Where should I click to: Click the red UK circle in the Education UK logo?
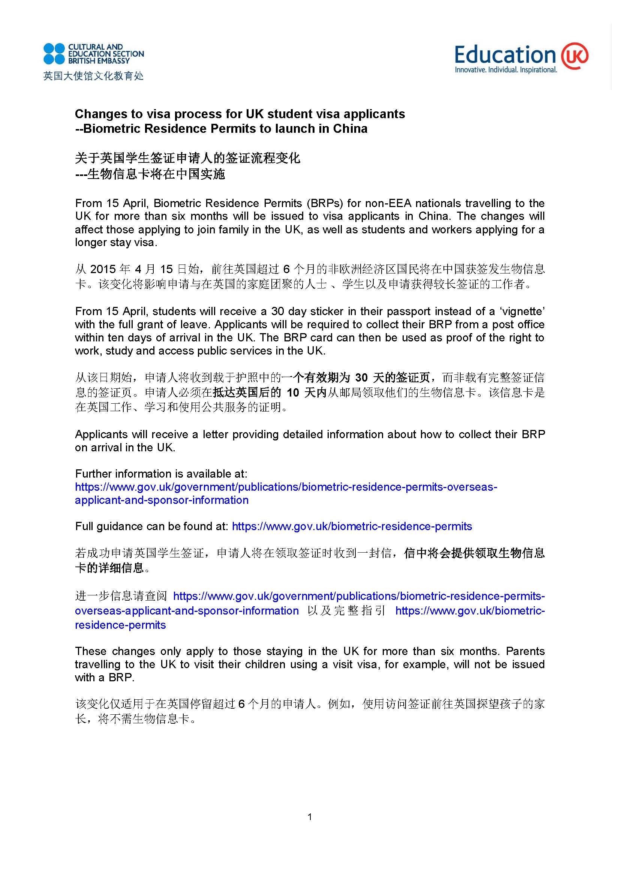point(574,56)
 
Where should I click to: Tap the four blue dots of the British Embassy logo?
point(54,54)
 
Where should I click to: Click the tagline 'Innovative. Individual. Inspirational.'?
point(505,70)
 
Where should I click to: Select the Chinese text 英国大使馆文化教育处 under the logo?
point(94,76)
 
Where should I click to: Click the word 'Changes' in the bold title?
point(100,114)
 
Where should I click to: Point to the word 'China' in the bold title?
point(350,129)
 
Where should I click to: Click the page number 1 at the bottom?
point(310,817)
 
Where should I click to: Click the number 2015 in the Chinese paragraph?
point(103,269)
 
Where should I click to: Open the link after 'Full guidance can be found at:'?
point(352,526)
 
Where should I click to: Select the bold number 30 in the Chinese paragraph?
point(361,378)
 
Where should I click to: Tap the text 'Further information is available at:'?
point(161,474)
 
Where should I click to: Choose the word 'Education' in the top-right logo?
point(505,56)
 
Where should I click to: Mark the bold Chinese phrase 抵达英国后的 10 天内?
point(270,393)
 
